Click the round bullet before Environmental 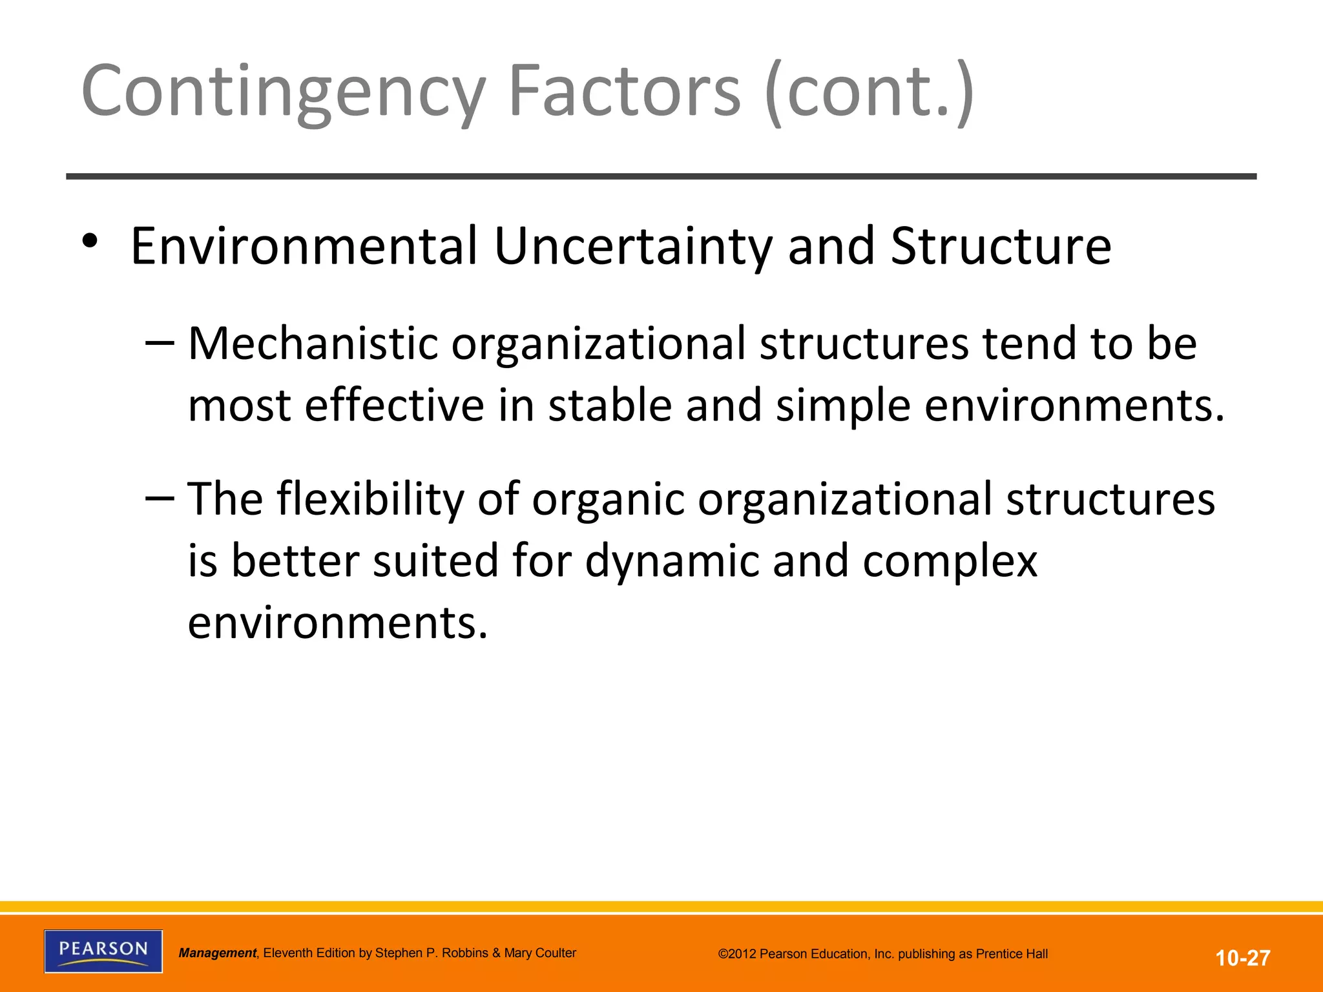tap(90, 241)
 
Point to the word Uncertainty tap(633, 246)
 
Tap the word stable tap(610, 405)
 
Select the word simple tap(843, 405)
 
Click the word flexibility tap(371, 499)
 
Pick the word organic tap(608, 499)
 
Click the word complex tap(950, 561)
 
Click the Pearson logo tap(103, 951)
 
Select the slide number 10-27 tap(1243, 958)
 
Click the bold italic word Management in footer tap(218, 953)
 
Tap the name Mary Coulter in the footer tap(540, 953)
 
